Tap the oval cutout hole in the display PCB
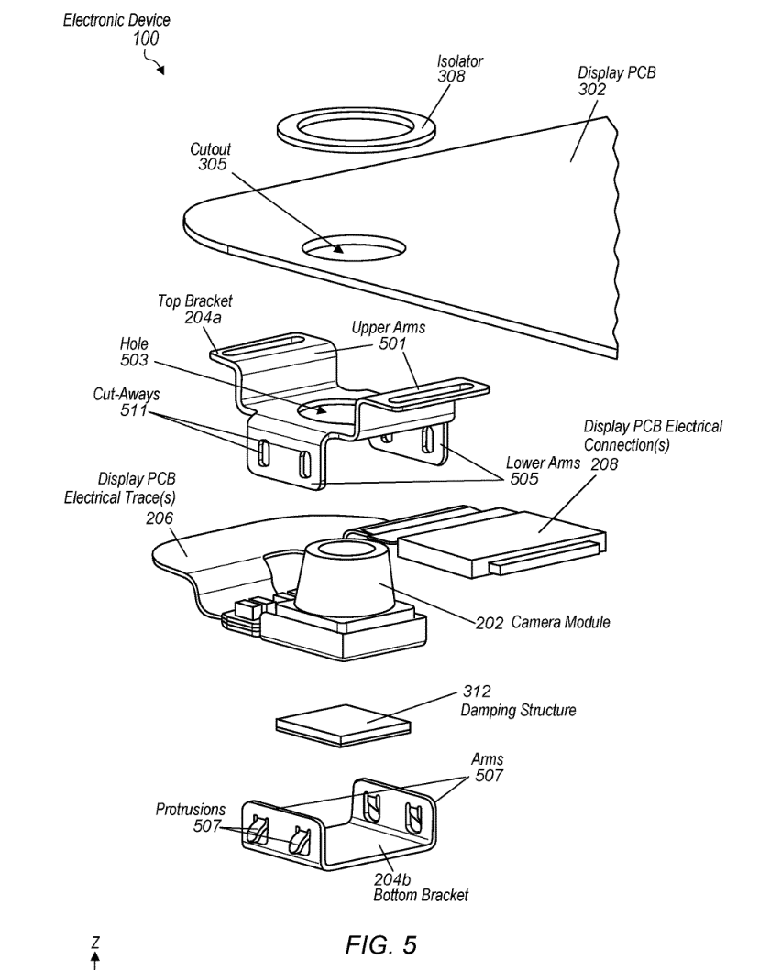coord(353,247)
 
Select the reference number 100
coord(144,38)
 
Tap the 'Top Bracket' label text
coord(194,300)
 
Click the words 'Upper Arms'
coord(389,328)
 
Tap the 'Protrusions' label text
coord(185,811)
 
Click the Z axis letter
coord(93,943)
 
